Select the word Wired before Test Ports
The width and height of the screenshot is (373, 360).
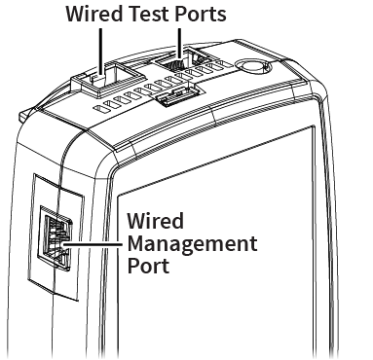coord(94,14)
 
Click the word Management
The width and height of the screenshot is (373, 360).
coord(192,244)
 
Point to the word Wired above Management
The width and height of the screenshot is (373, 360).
coord(156,221)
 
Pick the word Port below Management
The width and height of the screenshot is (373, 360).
coord(148,266)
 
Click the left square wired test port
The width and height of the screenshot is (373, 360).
coord(107,78)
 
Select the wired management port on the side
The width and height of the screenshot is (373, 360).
coord(56,237)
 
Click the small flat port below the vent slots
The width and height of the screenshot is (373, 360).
coord(176,96)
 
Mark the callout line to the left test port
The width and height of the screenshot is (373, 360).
coord(101,53)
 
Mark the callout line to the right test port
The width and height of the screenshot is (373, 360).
coord(179,45)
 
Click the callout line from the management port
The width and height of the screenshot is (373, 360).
coord(93,244)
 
